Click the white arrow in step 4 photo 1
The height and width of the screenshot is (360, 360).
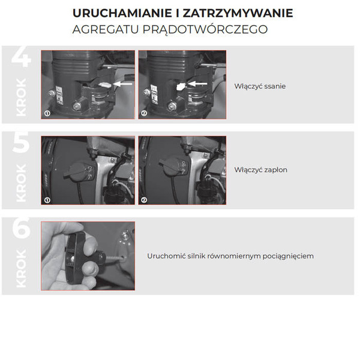click(124, 85)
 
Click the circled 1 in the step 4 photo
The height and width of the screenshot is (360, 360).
click(46, 113)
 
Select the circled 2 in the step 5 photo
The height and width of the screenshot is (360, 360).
click(144, 199)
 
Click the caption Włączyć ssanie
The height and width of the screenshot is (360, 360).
click(260, 86)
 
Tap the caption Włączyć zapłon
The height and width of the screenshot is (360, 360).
click(260, 170)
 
